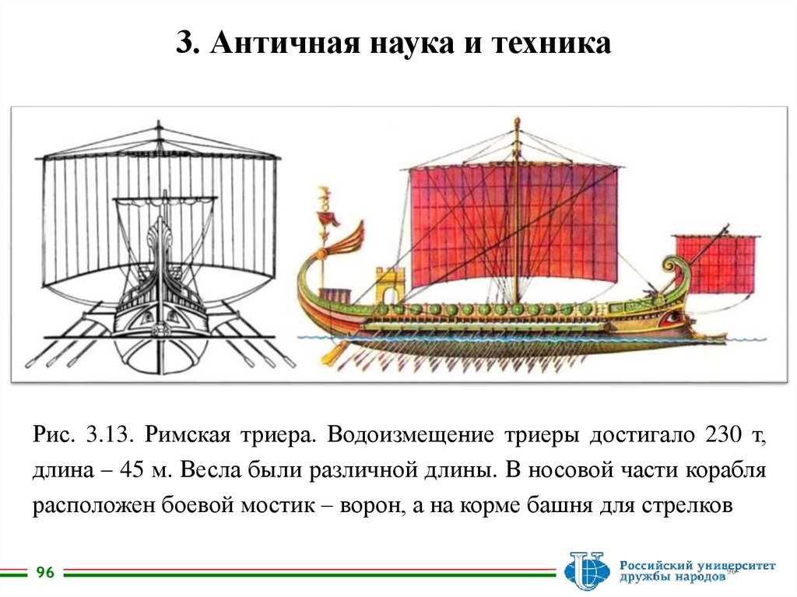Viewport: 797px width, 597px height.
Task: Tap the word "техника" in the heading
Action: coord(552,43)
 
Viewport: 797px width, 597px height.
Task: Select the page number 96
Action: coord(45,573)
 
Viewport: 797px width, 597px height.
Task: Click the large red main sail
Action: coord(514,226)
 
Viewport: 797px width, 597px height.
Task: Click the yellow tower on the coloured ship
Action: coord(390,286)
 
